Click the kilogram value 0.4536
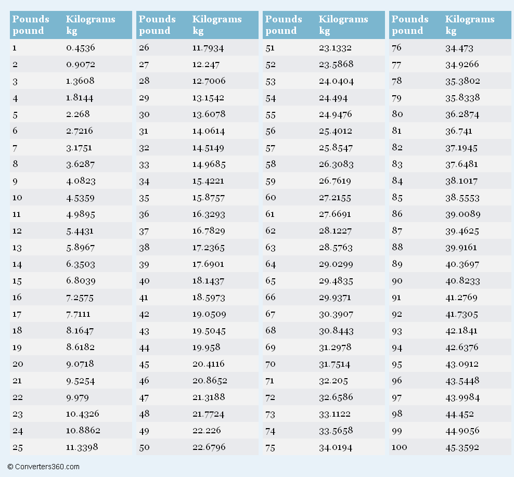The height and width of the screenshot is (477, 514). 80,48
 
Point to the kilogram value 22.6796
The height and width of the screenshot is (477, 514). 209,447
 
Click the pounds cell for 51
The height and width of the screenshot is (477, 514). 270,48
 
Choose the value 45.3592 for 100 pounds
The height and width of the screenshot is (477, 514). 462,447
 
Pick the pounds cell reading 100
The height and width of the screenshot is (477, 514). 399,447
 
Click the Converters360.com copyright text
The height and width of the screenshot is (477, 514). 44,467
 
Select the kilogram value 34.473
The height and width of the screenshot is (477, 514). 459,48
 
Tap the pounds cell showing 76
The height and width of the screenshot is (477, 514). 396,48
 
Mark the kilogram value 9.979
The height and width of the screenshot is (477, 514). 77,397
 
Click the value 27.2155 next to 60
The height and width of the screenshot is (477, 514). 335,198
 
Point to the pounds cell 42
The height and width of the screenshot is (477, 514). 144,314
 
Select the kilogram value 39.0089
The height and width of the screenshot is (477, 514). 462,214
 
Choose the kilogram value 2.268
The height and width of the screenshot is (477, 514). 77,114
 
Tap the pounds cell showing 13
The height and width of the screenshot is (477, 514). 17,248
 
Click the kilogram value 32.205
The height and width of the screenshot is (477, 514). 333,381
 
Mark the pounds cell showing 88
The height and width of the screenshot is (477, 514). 397,248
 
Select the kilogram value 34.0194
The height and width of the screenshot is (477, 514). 336,447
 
